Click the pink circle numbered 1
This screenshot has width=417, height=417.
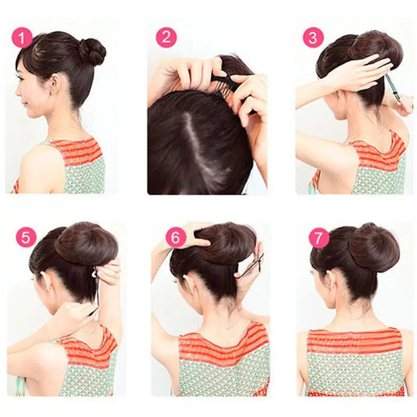pyautogui.click(x=22, y=38)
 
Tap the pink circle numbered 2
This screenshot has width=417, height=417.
pyautogui.click(x=166, y=37)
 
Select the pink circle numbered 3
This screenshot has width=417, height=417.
pyautogui.click(x=313, y=38)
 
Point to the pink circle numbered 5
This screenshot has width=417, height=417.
pyautogui.click(x=26, y=237)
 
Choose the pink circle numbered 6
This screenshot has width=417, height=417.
pyautogui.click(x=176, y=237)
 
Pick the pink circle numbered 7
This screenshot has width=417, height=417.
pyautogui.click(x=318, y=238)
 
